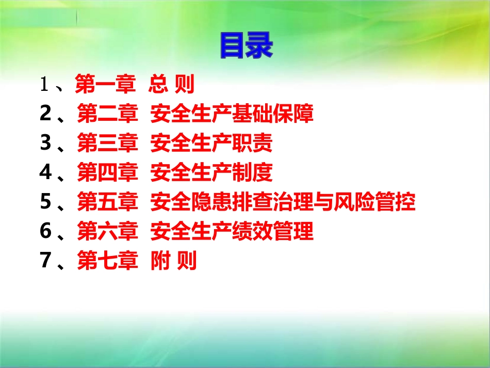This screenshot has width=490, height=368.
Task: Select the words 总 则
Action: (171, 85)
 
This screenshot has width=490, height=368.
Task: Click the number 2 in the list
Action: (45, 115)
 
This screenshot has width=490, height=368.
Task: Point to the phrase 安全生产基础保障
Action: (232, 115)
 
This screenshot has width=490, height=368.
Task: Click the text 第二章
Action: (108, 115)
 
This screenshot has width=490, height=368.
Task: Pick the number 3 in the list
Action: (45, 144)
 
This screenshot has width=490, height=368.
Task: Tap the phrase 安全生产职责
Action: (211, 144)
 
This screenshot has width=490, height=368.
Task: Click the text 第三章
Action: (108, 144)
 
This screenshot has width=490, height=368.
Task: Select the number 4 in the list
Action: (45, 173)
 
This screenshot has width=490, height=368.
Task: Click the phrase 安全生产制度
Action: (211, 173)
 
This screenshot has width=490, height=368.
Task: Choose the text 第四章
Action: (108, 173)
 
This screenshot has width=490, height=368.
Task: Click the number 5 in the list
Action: (45, 203)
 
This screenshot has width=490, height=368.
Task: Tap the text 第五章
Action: (108, 203)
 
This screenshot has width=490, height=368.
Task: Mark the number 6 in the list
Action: (45, 232)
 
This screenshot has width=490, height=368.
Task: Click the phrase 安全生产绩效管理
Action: (232, 232)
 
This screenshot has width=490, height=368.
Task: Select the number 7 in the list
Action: (45, 262)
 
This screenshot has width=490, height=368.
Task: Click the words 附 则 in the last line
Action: (173, 262)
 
